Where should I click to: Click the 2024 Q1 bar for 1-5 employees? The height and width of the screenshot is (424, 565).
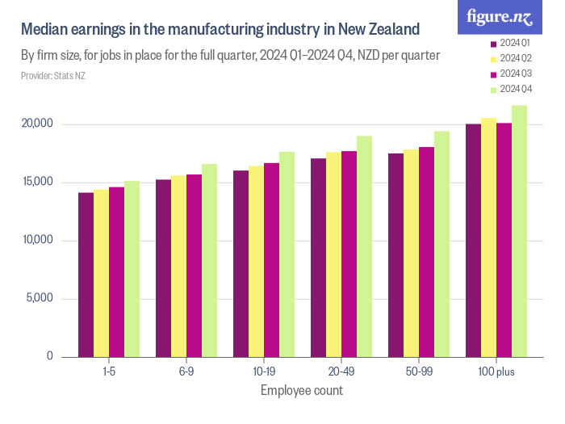point(86,275)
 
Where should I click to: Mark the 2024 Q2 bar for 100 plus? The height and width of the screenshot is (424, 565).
point(488,237)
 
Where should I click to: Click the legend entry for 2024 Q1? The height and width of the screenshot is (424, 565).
point(514,42)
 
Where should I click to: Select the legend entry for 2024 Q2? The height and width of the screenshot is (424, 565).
point(514,58)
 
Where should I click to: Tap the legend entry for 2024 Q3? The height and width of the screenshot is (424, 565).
point(514,73)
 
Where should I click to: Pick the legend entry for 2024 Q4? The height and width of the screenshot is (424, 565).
point(514,89)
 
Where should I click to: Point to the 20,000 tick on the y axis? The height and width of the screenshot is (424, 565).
point(36,124)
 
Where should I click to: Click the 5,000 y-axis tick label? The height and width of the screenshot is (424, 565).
point(39,299)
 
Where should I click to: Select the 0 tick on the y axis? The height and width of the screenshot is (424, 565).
point(49,356)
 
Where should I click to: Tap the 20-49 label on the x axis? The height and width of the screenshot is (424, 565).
point(341,372)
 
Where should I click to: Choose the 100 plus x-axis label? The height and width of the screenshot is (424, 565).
point(496,372)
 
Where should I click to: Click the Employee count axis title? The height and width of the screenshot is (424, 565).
point(302,391)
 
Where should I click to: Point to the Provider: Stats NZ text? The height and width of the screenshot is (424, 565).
point(53,76)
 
